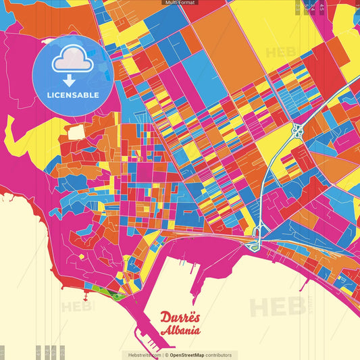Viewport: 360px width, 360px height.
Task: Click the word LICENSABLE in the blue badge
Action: click(x=74, y=95)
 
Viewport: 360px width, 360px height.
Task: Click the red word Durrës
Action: click(x=180, y=317)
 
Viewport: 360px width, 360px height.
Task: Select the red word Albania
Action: click(x=180, y=330)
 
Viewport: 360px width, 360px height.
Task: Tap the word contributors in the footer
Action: click(x=219, y=355)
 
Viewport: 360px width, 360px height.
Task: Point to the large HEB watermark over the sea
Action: click(x=277, y=306)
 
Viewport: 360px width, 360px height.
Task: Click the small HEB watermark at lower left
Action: click(x=78, y=306)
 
